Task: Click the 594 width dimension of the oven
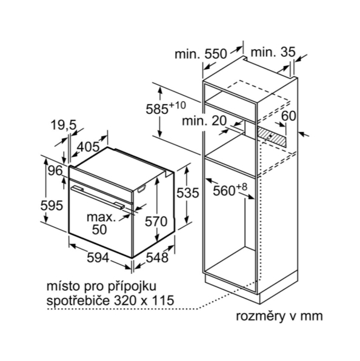(x=98, y=257)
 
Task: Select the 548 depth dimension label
(x=158, y=257)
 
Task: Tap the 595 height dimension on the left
(x=52, y=205)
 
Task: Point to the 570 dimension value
(x=156, y=222)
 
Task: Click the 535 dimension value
(x=187, y=193)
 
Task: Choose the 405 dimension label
(x=88, y=147)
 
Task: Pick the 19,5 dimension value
(x=64, y=125)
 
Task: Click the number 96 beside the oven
(x=55, y=171)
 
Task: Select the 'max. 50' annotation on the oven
(x=101, y=224)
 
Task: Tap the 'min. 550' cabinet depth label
(x=201, y=54)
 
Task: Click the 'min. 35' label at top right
(x=273, y=52)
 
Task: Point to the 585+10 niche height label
(x=165, y=108)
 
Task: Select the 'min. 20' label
(x=204, y=121)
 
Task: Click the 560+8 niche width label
(x=230, y=190)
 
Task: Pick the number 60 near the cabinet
(x=288, y=116)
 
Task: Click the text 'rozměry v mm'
(x=279, y=316)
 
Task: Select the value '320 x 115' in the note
(x=144, y=300)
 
